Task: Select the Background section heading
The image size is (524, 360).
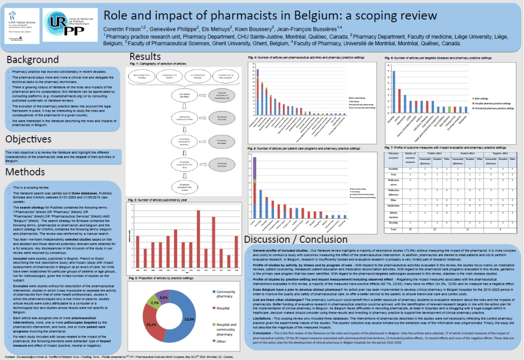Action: (x=33, y=60)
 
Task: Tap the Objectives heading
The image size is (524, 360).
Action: (x=29, y=139)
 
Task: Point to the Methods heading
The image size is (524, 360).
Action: (x=26, y=172)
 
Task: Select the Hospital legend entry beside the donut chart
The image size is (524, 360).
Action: (x=224, y=309)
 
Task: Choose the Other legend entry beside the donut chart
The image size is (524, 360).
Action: (x=221, y=340)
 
